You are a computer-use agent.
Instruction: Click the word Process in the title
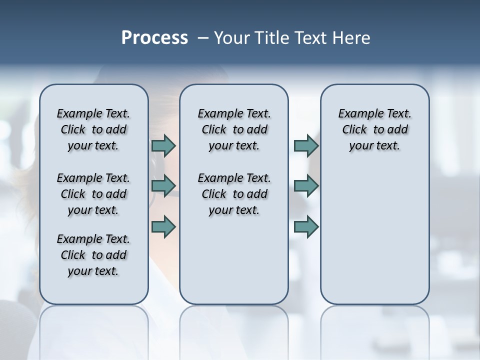pyautogui.click(x=154, y=38)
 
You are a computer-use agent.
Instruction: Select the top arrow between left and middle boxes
pyautogui.click(x=163, y=145)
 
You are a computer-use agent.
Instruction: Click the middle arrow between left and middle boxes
pyautogui.click(x=163, y=186)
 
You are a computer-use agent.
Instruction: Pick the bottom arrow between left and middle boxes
pyautogui.click(x=163, y=226)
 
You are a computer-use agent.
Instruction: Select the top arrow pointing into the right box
pyautogui.click(x=306, y=145)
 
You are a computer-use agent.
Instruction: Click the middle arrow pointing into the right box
pyautogui.click(x=306, y=186)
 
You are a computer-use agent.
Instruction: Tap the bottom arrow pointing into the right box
pyautogui.click(x=306, y=226)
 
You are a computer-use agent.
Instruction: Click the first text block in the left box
pyautogui.click(x=93, y=129)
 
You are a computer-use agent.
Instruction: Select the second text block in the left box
pyautogui.click(x=93, y=194)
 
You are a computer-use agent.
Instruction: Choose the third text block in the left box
pyautogui.click(x=93, y=255)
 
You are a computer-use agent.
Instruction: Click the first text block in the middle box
pyautogui.click(x=234, y=129)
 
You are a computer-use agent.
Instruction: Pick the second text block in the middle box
pyautogui.click(x=234, y=194)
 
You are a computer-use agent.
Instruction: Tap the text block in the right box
pyautogui.click(x=374, y=129)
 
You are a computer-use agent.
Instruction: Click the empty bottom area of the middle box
pyautogui.click(x=234, y=265)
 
